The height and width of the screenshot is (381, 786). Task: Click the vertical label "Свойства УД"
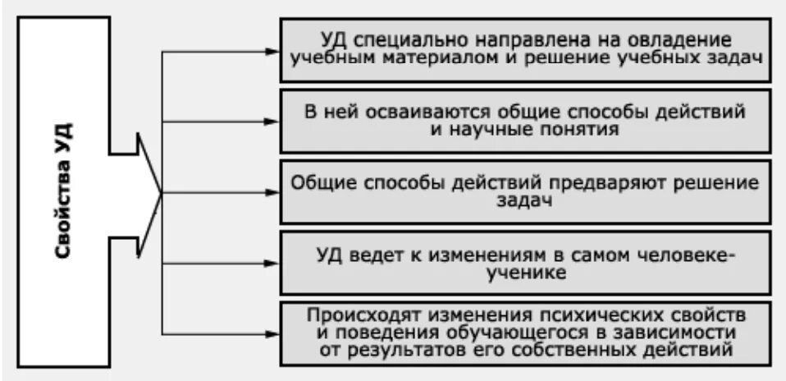click(64, 191)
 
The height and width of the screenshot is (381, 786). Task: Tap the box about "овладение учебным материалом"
click(525, 49)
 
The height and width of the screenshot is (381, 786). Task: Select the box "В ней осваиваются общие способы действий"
click(525, 121)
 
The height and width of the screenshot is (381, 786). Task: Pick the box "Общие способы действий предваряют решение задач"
click(525, 191)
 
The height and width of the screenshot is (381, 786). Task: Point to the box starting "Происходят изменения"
click(525, 333)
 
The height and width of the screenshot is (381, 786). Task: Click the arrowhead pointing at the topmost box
click(272, 51)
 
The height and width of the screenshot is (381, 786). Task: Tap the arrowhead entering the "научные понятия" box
click(272, 122)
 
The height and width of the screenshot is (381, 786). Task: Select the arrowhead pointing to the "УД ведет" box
click(272, 264)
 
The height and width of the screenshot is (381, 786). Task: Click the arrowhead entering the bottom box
click(272, 333)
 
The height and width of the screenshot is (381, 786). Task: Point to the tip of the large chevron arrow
click(162, 193)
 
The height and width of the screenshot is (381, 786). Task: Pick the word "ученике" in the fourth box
click(525, 273)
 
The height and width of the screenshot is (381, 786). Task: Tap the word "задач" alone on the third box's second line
click(525, 200)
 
